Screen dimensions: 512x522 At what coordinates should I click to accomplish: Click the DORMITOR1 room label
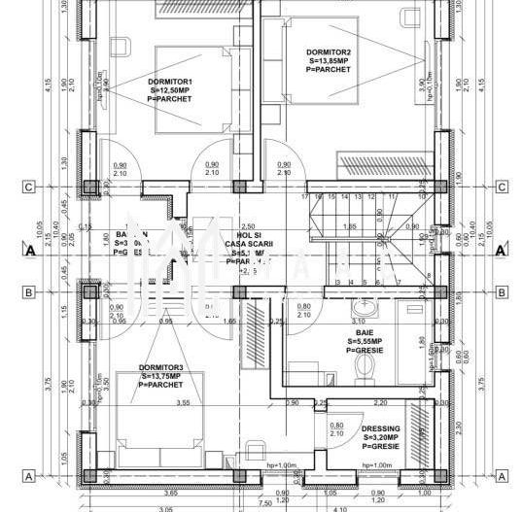click(x=171, y=81)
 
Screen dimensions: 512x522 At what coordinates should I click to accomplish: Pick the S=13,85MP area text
click(x=328, y=60)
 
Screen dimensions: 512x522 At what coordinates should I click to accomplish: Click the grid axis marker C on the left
click(x=29, y=187)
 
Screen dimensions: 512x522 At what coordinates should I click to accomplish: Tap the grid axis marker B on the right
click(x=501, y=290)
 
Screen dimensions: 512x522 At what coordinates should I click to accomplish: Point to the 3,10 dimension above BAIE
click(x=359, y=320)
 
